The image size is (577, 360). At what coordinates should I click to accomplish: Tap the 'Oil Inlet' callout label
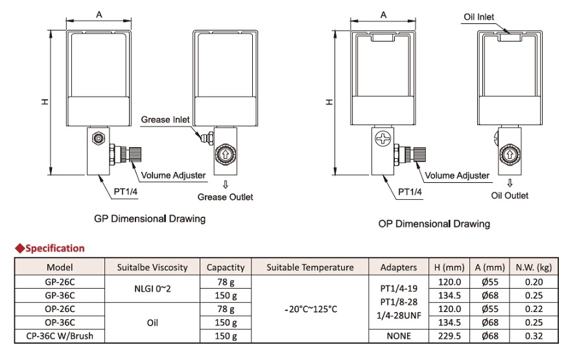coord(479,17)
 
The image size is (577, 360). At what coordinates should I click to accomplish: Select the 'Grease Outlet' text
coord(226,197)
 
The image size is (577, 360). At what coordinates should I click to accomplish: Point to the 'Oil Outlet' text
coord(510,195)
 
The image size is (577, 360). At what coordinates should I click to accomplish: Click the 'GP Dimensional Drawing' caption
coord(150,219)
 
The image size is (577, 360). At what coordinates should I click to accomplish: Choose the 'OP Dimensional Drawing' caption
coord(434,224)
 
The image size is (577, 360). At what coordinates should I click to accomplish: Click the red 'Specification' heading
coord(54,248)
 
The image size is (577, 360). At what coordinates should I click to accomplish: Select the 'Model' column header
coord(60,267)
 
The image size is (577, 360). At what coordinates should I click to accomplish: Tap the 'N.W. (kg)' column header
coord(534,267)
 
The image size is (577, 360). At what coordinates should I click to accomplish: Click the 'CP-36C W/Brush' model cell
coord(60,336)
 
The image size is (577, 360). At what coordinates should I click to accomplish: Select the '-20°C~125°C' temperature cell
coord(310,309)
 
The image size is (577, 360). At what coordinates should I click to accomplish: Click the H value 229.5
coord(450,336)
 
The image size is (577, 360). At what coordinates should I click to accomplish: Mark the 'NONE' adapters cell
coord(398,336)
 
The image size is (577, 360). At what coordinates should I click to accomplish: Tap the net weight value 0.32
coord(534,336)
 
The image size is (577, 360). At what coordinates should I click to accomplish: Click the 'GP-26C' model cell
coord(60,282)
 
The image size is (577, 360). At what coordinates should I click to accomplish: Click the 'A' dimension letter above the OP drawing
coord(384,14)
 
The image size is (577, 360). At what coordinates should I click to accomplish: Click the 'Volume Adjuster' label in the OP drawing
coord(456,176)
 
